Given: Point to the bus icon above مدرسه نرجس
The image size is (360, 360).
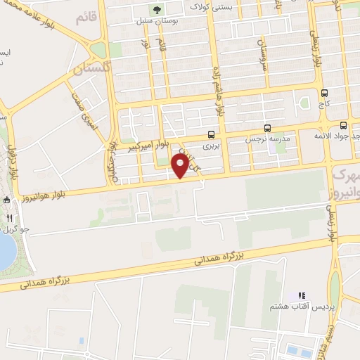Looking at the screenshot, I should point(267,128).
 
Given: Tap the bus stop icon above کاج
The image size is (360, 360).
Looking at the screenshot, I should point(324,93).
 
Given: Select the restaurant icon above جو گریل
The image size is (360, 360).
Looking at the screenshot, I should point(9,218).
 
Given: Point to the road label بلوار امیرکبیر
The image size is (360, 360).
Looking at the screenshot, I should point(149,145).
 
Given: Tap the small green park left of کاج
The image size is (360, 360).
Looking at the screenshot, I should point(304,103).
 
